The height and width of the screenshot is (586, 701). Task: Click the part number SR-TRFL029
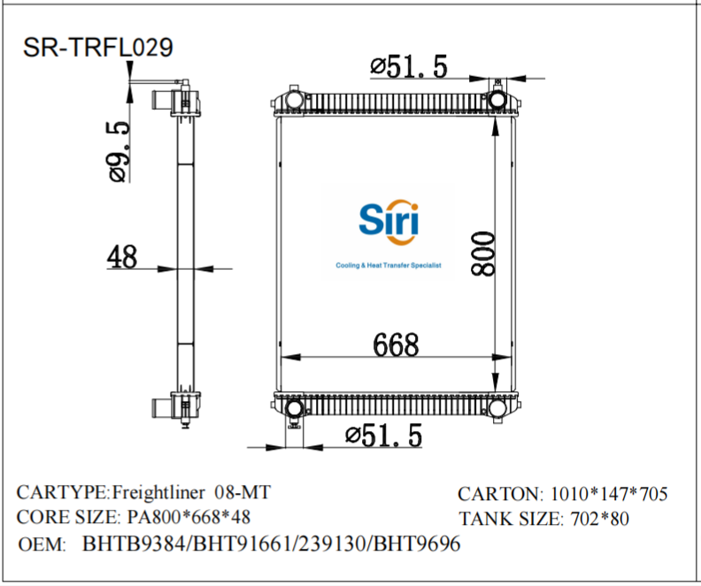pos(96,47)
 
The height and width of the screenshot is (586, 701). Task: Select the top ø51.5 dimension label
pos(409,66)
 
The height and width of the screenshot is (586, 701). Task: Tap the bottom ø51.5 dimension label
pos(382,435)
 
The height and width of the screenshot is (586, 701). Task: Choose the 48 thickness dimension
pos(122,257)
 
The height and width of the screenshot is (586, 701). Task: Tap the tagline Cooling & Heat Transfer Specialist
pos(388,266)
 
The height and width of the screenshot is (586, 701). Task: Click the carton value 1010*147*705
pos(609,494)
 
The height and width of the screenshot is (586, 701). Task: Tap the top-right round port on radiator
pos(497,97)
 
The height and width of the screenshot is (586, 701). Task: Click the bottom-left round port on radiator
pos(293,408)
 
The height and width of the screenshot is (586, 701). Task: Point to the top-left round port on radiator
pos(293,97)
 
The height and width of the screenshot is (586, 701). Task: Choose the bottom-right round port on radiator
pos(497,408)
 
